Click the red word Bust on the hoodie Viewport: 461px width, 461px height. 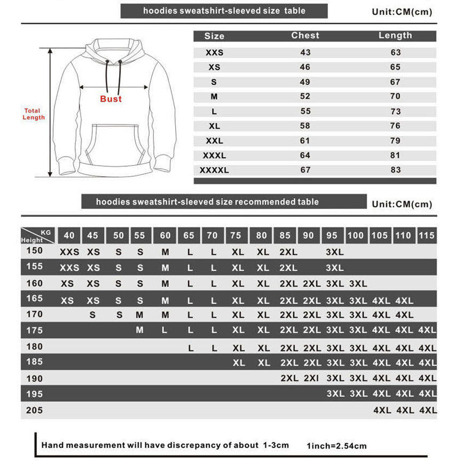click(111, 99)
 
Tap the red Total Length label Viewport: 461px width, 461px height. click(33, 114)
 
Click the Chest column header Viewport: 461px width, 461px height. click(305, 36)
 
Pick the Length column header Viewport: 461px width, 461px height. click(395, 36)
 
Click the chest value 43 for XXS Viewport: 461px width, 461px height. click(305, 53)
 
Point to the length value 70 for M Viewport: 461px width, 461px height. click(395, 97)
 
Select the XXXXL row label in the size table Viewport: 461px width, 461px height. click(214, 170)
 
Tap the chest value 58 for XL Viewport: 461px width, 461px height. click(305, 126)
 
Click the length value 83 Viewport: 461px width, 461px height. click(395, 170)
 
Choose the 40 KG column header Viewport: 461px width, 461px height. click(69, 236)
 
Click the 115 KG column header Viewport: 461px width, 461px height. click(427, 236)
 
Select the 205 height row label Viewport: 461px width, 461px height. click(34, 411)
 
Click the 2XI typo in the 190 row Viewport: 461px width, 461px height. click(311, 379)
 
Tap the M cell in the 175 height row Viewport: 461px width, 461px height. click(139, 330)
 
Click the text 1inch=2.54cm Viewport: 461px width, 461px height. click(337, 446)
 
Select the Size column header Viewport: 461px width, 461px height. click(214, 36)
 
